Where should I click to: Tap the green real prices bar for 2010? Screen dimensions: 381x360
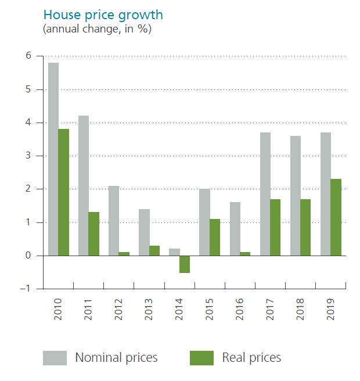coord(64,192)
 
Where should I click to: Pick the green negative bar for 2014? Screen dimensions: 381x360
coord(185,264)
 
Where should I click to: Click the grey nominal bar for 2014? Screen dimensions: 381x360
coord(174,252)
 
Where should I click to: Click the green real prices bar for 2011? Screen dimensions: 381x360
coord(94,233)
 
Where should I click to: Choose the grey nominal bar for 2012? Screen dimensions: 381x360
coord(114,221)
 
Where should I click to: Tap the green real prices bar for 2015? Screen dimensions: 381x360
coord(215,237)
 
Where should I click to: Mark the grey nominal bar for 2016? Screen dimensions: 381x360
coord(235,229)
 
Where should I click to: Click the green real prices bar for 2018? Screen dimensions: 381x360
coord(305,227)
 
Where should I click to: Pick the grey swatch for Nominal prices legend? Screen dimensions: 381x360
coord(55,358)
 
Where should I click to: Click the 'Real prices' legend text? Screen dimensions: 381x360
coord(251,358)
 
